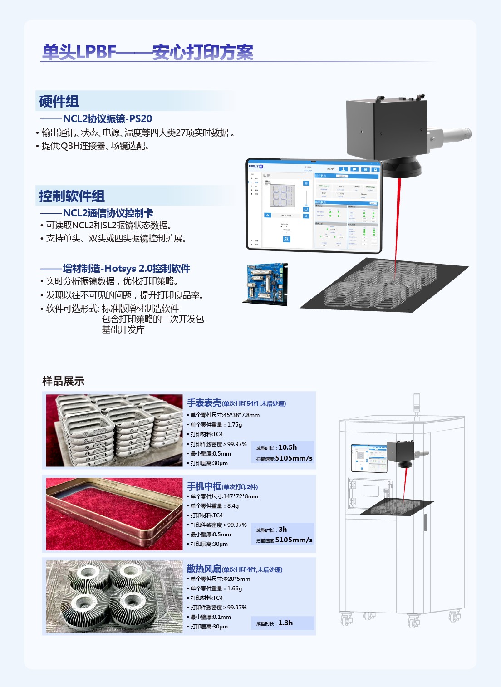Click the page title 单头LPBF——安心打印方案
(147, 52)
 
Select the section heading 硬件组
(59, 101)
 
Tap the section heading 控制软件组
(72, 196)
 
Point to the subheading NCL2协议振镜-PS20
(107, 119)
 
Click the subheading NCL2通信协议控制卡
(108, 213)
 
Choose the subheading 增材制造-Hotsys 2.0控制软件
(126, 269)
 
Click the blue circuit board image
(266, 284)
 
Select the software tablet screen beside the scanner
(314, 205)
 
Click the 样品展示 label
(63, 381)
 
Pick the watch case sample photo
(114, 430)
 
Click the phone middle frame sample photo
(114, 514)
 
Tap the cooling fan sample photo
(114, 596)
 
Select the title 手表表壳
(204, 403)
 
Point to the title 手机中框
(204, 486)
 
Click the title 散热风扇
(204, 569)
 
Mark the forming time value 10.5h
(288, 447)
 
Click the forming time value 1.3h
(285, 623)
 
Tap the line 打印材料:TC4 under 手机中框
(206, 515)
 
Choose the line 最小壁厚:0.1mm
(211, 617)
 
